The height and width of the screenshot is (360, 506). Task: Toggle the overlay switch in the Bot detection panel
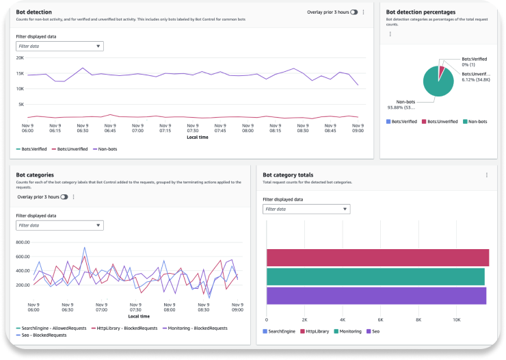[x=354, y=12]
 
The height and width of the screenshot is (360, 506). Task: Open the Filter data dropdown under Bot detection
[x=59, y=47]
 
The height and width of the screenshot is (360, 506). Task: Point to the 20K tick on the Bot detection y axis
[x=21, y=58]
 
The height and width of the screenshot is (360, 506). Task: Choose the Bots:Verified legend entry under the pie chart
[x=403, y=122]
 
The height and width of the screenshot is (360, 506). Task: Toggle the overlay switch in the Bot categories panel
[x=64, y=197]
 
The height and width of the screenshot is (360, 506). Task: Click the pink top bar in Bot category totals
[x=377, y=257]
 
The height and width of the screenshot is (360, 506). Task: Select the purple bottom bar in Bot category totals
[x=376, y=296]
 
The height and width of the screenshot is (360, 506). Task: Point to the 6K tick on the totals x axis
[x=380, y=320]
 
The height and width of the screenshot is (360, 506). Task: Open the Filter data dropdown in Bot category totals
[x=306, y=209]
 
